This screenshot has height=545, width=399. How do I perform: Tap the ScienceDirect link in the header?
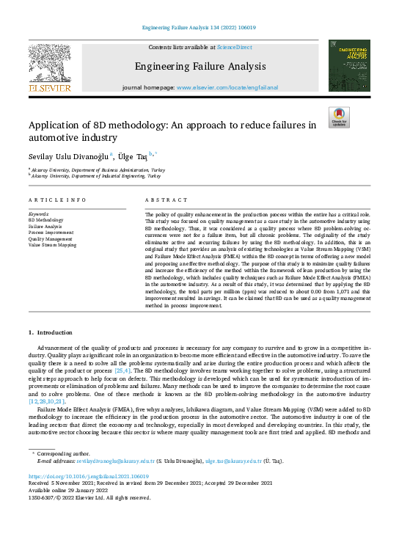[x=234, y=47]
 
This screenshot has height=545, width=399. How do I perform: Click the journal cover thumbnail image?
[x=348, y=66]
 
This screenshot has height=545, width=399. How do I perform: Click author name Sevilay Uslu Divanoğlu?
[x=68, y=156]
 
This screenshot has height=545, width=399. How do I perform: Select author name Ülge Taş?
[x=133, y=156]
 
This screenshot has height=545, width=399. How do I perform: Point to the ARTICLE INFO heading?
[x=54, y=200]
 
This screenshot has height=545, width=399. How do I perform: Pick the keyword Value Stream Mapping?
[x=52, y=246]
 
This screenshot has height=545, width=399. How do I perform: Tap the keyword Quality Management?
[x=51, y=239]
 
